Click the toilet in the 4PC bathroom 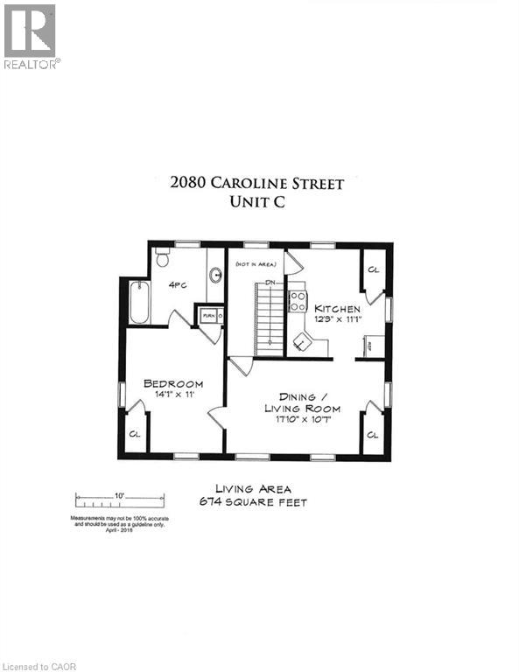[161, 258]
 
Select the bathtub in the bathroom [139, 302]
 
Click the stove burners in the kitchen [298, 302]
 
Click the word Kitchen [338, 308]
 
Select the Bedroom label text [173, 383]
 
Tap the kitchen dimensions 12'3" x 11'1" [338, 319]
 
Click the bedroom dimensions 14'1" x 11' [173, 395]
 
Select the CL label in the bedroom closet [135, 433]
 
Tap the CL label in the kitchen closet [374, 269]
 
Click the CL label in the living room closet [373, 434]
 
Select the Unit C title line [257, 201]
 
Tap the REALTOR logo [30, 37]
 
